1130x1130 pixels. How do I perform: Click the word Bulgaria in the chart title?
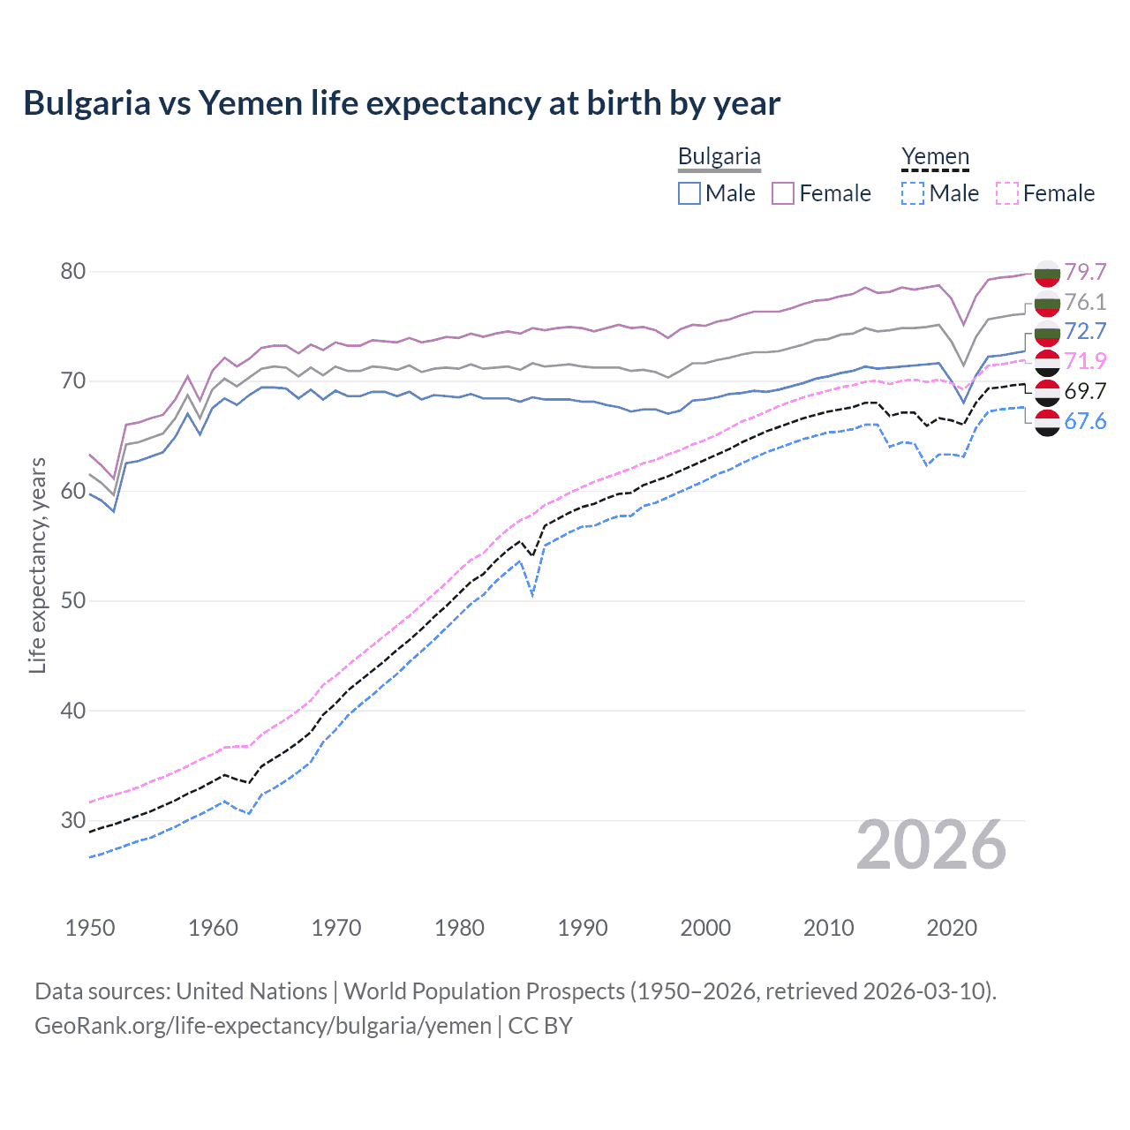87,103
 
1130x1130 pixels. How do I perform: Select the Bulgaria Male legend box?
689,193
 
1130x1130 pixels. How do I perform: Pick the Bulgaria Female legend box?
783,193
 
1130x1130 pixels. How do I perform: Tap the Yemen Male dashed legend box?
913,193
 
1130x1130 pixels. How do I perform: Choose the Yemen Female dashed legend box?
1007,193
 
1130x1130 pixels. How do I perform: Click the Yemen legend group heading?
935,157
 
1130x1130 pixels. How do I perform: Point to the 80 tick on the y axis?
73,271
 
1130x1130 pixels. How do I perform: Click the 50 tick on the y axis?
73,601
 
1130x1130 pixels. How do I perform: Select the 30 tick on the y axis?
73,821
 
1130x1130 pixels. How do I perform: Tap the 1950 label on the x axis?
90,928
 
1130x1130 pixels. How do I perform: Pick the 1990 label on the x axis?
583,928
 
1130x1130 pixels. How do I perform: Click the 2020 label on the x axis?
952,928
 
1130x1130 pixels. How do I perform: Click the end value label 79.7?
1085,272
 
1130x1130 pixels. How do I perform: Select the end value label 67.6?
1085,421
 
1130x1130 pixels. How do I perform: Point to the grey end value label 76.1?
1085,302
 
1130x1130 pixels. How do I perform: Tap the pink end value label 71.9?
1085,361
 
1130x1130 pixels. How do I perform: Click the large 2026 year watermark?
931,846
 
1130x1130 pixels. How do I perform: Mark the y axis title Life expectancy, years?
37,565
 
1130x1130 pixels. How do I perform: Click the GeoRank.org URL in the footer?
263,1026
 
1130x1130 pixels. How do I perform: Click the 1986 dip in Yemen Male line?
532,594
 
